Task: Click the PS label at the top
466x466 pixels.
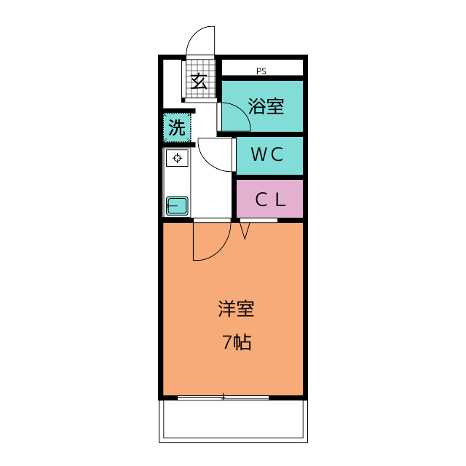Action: pyautogui.click(x=261, y=71)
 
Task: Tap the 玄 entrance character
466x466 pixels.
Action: pyautogui.click(x=199, y=81)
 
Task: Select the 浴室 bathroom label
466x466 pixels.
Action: pyautogui.click(x=266, y=106)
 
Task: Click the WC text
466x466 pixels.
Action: pyautogui.click(x=266, y=155)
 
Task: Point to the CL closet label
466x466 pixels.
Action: pyautogui.click(x=269, y=199)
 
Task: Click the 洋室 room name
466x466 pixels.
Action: pyautogui.click(x=236, y=309)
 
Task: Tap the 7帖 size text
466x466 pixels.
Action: pyautogui.click(x=237, y=342)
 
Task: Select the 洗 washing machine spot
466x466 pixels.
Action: pyautogui.click(x=177, y=128)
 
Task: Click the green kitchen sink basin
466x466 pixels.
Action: pyautogui.click(x=178, y=205)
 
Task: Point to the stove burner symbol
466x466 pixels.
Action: pyautogui.click(x=178, y=157)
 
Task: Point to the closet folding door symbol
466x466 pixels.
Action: pyautogui.click(x=245, y=230)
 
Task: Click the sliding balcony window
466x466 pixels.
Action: pyautogui.click(x=223, y=398)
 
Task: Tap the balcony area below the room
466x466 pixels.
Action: pyautogui.click(x=233, y=421)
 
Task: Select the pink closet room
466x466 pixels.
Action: pyautogui.click(x=269, y=199)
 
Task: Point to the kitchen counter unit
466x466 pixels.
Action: pyautogui.click(x=178, y=182)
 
